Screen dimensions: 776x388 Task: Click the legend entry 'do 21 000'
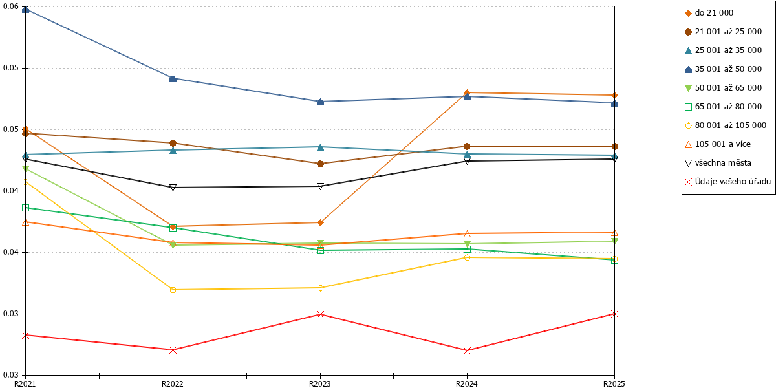(x=709, y=13)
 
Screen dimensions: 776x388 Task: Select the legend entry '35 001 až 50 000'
(x=724, y=69)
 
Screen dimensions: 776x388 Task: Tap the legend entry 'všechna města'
(x=718, y=163)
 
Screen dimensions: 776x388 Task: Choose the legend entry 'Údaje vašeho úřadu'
(x=728, y=182)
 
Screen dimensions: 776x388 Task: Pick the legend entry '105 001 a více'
(x=718, y=144)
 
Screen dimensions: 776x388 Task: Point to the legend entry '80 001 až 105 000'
(x=726, y=125)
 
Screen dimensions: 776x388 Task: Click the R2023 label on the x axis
(x=319, y=384)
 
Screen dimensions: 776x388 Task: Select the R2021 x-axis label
(x=25, y=384)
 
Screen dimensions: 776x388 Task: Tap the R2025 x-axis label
(x=614, y=384)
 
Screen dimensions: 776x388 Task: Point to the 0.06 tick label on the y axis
(x=11, y=6)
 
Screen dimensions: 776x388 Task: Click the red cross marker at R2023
(x=321, y=314)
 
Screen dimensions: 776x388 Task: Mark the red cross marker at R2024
(x=467, y=350)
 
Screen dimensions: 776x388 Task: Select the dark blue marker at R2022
(x=173, y=79)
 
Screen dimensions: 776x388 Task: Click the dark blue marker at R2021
(x=25, y=9)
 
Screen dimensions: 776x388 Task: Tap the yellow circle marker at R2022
(x=173, y=290)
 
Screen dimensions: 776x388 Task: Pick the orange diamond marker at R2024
(x=467, y=93)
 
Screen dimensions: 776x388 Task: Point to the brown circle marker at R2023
(x=321, y=164)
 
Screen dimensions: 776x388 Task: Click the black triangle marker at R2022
(x=173, y=188)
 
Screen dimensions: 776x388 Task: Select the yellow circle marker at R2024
(x=467, y=257)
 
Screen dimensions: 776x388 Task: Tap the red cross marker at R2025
(x=614, y=314)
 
